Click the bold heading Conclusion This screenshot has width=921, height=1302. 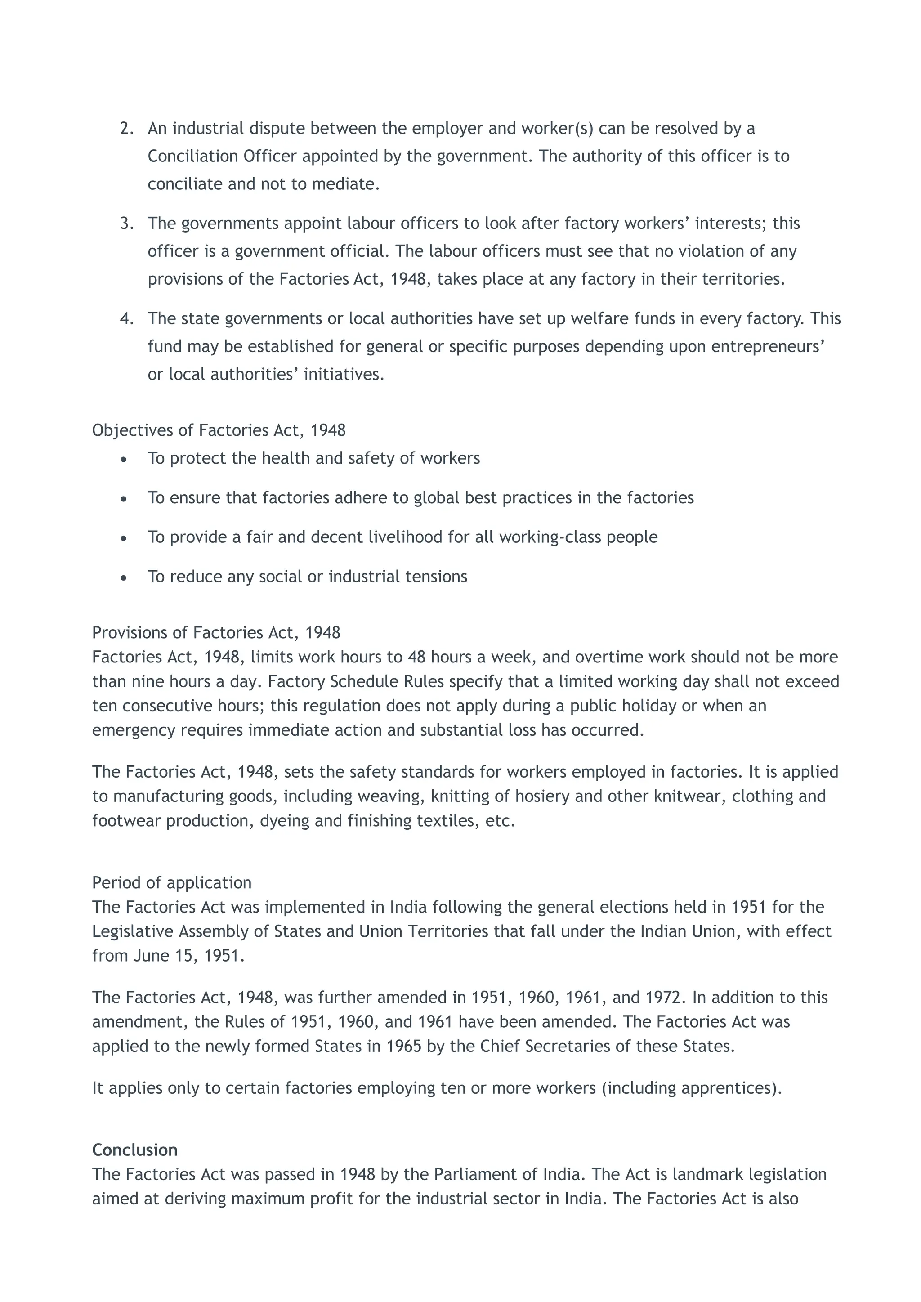click(x=134, y=1150)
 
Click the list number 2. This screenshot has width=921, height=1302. click(x=126, y=128)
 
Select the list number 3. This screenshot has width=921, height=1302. click(x=126, y=224)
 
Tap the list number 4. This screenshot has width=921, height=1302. click(x=126, y=319)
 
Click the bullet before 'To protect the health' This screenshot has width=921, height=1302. click(x=124, y=459)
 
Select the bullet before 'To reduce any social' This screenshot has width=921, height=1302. click(x=124, y=577)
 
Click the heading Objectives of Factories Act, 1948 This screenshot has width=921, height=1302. click(x=219, y=430)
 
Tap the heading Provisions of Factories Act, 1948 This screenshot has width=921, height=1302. click(x=216, y=632)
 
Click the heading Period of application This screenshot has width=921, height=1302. click(x=171, y=882)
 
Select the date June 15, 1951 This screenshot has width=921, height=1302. click(x=189, y=956)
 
